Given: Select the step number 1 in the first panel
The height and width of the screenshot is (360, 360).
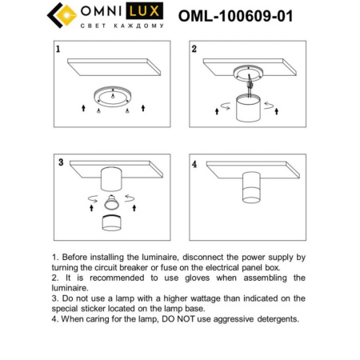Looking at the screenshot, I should pos(58,50).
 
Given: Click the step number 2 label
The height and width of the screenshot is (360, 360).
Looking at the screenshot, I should pos(194,50).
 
